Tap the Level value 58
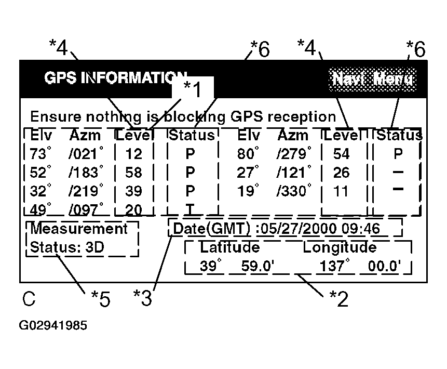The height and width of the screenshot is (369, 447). (x=134, y=172)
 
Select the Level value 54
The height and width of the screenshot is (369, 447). (x=341, y=154)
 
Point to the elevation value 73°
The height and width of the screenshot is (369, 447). (x=41, y=154)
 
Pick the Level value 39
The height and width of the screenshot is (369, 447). (x=134, y=191)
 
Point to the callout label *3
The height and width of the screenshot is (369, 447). (x=144, y=298)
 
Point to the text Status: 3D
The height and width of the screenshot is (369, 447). (x=67, y=247)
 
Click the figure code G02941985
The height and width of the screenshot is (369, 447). (x=53, y=326)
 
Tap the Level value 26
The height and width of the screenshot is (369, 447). (x=341, y=172)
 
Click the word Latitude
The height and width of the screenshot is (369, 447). (x=230, y=247)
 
